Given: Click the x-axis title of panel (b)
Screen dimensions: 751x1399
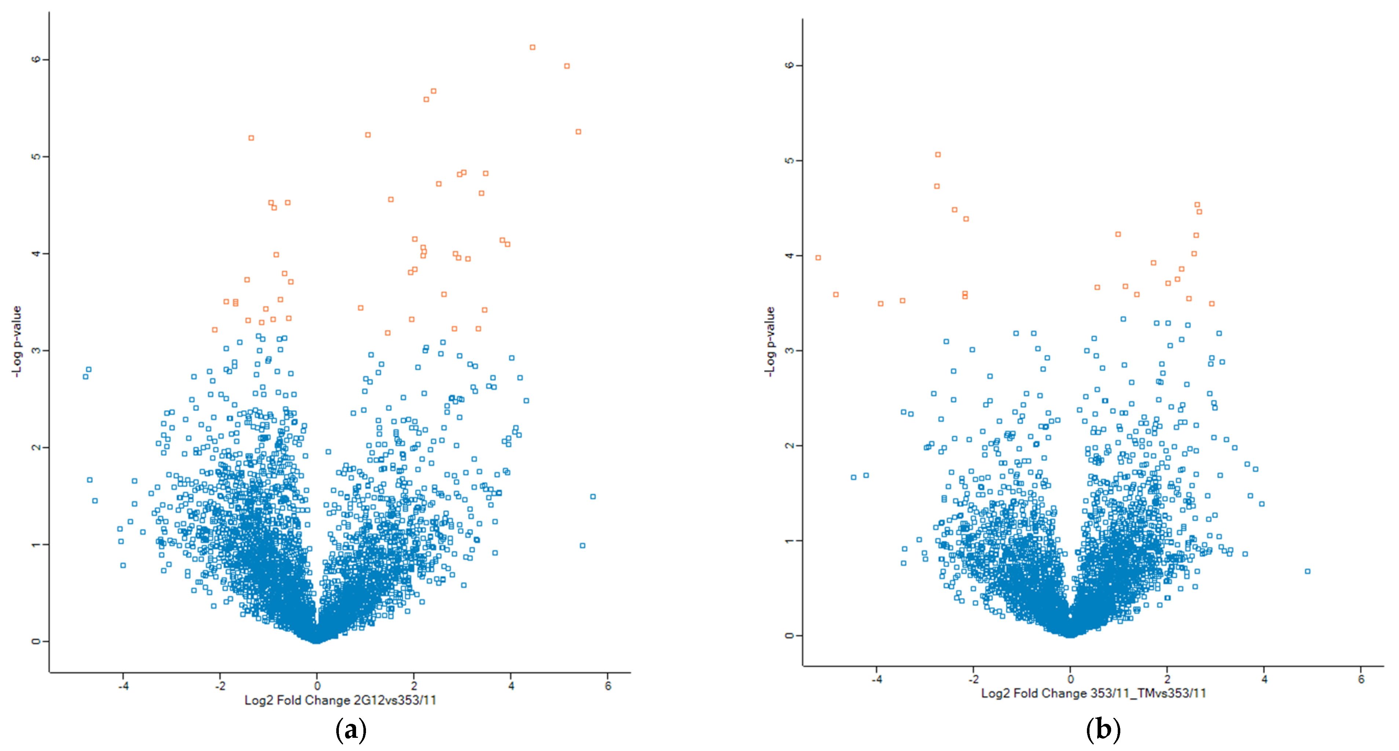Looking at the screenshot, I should [1093, 693].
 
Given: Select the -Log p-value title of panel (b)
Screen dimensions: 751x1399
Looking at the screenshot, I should [770, 341].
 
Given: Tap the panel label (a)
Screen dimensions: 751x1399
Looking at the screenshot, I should [351, 730].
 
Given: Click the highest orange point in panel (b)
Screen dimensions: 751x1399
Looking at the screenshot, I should [938, 154].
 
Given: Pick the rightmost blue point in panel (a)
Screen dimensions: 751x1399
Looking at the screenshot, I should [593, 496].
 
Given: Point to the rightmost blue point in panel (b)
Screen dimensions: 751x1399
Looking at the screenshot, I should [1308, 571].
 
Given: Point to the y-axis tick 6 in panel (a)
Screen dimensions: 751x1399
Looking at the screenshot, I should [36, 59].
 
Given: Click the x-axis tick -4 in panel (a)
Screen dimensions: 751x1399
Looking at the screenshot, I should [123, 686].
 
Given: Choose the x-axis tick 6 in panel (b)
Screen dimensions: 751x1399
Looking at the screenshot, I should [1361, 679].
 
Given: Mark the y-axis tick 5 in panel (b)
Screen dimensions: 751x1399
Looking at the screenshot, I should [789, 160].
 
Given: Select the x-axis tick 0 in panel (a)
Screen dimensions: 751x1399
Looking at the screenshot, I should [317, 686].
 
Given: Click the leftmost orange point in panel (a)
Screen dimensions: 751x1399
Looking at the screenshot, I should [215, 330].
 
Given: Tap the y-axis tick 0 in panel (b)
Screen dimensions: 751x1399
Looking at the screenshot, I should [789, 635].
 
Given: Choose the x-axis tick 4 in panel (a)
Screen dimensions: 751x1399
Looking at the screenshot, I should [511, 686].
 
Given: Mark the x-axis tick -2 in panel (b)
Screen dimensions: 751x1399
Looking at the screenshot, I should [973, 679].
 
